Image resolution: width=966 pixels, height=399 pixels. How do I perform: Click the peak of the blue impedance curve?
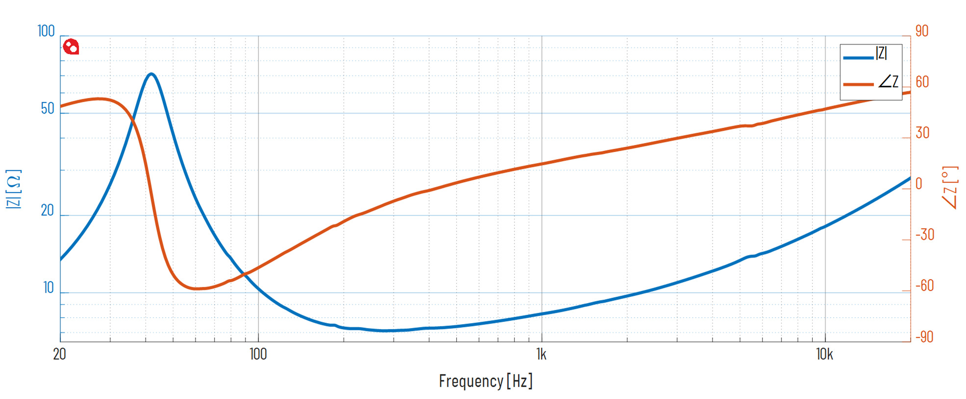[x=151, y=74]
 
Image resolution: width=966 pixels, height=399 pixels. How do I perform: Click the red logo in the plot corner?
[x=71, y=47]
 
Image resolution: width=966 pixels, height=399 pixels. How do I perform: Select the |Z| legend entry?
[x=870, y=54]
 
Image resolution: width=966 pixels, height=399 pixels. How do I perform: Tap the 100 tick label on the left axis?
[x=46, y=31]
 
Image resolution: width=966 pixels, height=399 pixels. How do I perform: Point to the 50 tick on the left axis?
[x=48, y=109]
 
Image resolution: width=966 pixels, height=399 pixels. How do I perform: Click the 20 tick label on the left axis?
[x=48, y=211]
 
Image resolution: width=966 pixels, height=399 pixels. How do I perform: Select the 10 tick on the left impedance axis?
[x=49, y=288]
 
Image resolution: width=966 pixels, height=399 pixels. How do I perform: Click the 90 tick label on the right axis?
[x=922, y=31]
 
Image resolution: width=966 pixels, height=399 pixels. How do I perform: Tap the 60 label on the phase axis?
[x=922, y=82]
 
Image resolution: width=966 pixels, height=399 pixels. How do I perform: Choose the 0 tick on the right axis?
[x=919, y=184]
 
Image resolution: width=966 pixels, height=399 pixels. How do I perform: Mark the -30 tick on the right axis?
[x=925, y=235]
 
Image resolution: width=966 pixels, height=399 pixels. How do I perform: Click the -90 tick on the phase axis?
[x=925, y=337]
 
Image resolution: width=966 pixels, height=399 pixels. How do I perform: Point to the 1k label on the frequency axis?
[x=541, y=354]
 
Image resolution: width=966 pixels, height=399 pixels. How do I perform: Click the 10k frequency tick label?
[x=824, y=354]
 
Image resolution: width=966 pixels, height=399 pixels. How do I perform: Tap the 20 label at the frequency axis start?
[x=59, y=354]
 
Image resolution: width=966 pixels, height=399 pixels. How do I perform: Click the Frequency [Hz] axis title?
[x=485, y=381]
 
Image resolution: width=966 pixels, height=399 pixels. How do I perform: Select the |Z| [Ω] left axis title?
[x=14, y=189]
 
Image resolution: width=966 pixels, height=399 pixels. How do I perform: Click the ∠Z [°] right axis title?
[x=950, y=188]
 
